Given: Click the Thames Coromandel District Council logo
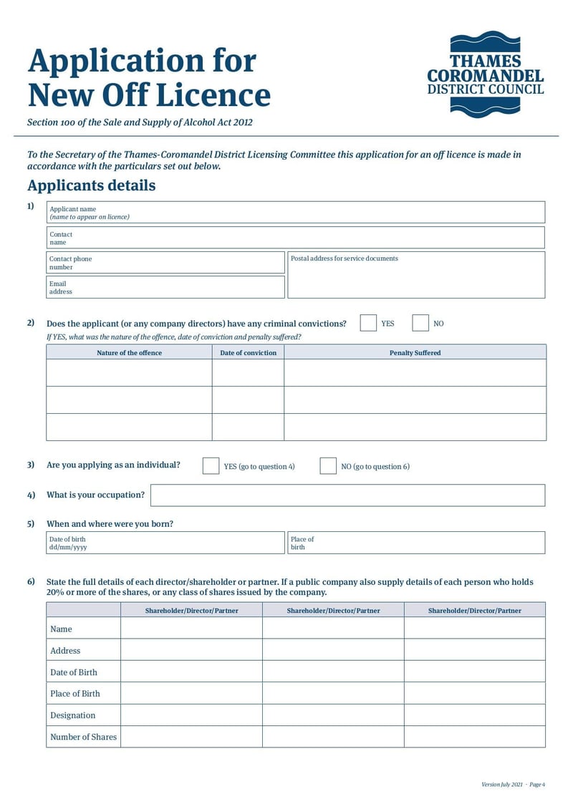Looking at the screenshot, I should pos(485,74).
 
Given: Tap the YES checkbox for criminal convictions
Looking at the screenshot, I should pos(368,324).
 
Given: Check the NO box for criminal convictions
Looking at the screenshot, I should pos(420,324).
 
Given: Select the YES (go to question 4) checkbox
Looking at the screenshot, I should pos(211,466).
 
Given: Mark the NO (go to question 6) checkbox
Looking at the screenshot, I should pos(328,466).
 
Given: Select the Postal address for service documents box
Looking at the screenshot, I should pos(415,275).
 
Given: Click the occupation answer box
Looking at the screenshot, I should pos(347,495).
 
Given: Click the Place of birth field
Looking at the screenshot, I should pos(415,543).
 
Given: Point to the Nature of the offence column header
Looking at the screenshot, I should pos(129,352).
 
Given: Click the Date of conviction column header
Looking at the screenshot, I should pos(248,352).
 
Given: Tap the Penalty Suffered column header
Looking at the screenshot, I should pos(415,352).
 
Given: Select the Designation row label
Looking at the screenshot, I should pos(72,715).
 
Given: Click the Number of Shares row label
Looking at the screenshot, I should pos(83,737).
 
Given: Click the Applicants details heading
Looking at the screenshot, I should pos(91,186).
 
